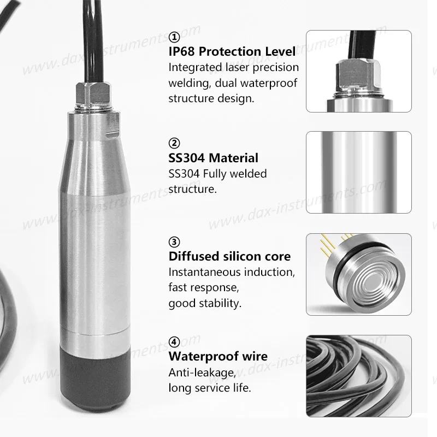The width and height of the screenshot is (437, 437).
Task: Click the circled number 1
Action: click(174, 37)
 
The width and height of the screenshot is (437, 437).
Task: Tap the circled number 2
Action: click(174, 143)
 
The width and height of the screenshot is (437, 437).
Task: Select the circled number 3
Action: click(174, 241)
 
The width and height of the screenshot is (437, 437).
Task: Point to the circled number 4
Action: click(174, 342)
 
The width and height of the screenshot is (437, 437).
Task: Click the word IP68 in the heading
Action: click(181, 51)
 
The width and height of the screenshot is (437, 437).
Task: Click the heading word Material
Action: click(233, 158)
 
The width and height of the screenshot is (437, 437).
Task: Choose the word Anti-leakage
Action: click(202, 373)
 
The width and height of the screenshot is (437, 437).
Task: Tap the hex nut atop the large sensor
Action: click(93, 92)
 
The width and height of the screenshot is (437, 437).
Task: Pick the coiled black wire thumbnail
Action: click(359, 376)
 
